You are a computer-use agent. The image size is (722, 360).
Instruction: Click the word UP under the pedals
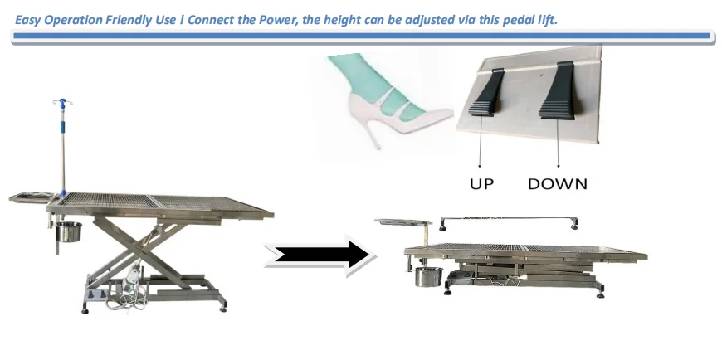(481, 183)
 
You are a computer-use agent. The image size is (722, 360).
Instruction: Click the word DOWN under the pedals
(557, 183)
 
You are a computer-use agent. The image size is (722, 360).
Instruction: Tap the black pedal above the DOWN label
(559, 90)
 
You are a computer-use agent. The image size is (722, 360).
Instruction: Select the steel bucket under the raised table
(69, 231)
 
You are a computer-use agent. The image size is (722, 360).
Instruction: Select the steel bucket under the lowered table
(428, 277)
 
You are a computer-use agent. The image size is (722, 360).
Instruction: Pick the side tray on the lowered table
(403, 222)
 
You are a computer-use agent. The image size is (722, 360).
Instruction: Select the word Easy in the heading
(27, 20)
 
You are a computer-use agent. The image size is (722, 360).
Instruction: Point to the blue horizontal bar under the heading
(362, 36)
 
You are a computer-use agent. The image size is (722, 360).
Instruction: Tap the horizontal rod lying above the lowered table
(510, 218)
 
